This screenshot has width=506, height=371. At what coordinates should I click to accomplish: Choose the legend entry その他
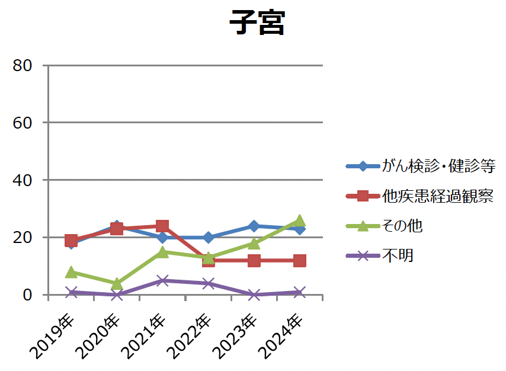402,226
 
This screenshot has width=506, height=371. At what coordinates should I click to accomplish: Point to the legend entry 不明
397,255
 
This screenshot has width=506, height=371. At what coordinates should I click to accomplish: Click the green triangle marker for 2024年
300,220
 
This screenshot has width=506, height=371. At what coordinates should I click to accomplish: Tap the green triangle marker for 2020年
117,283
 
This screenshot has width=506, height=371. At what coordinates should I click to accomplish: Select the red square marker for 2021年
162,226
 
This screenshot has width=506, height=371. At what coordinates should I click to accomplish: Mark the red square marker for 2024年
300,260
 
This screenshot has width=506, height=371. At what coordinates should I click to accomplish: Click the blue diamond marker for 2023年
254,226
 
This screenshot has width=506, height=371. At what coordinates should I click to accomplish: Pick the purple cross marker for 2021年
162,280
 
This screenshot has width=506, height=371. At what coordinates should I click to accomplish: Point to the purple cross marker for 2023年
254,295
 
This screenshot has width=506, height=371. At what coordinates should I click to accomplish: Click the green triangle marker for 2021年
162,252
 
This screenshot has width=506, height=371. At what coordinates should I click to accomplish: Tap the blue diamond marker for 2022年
209,237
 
